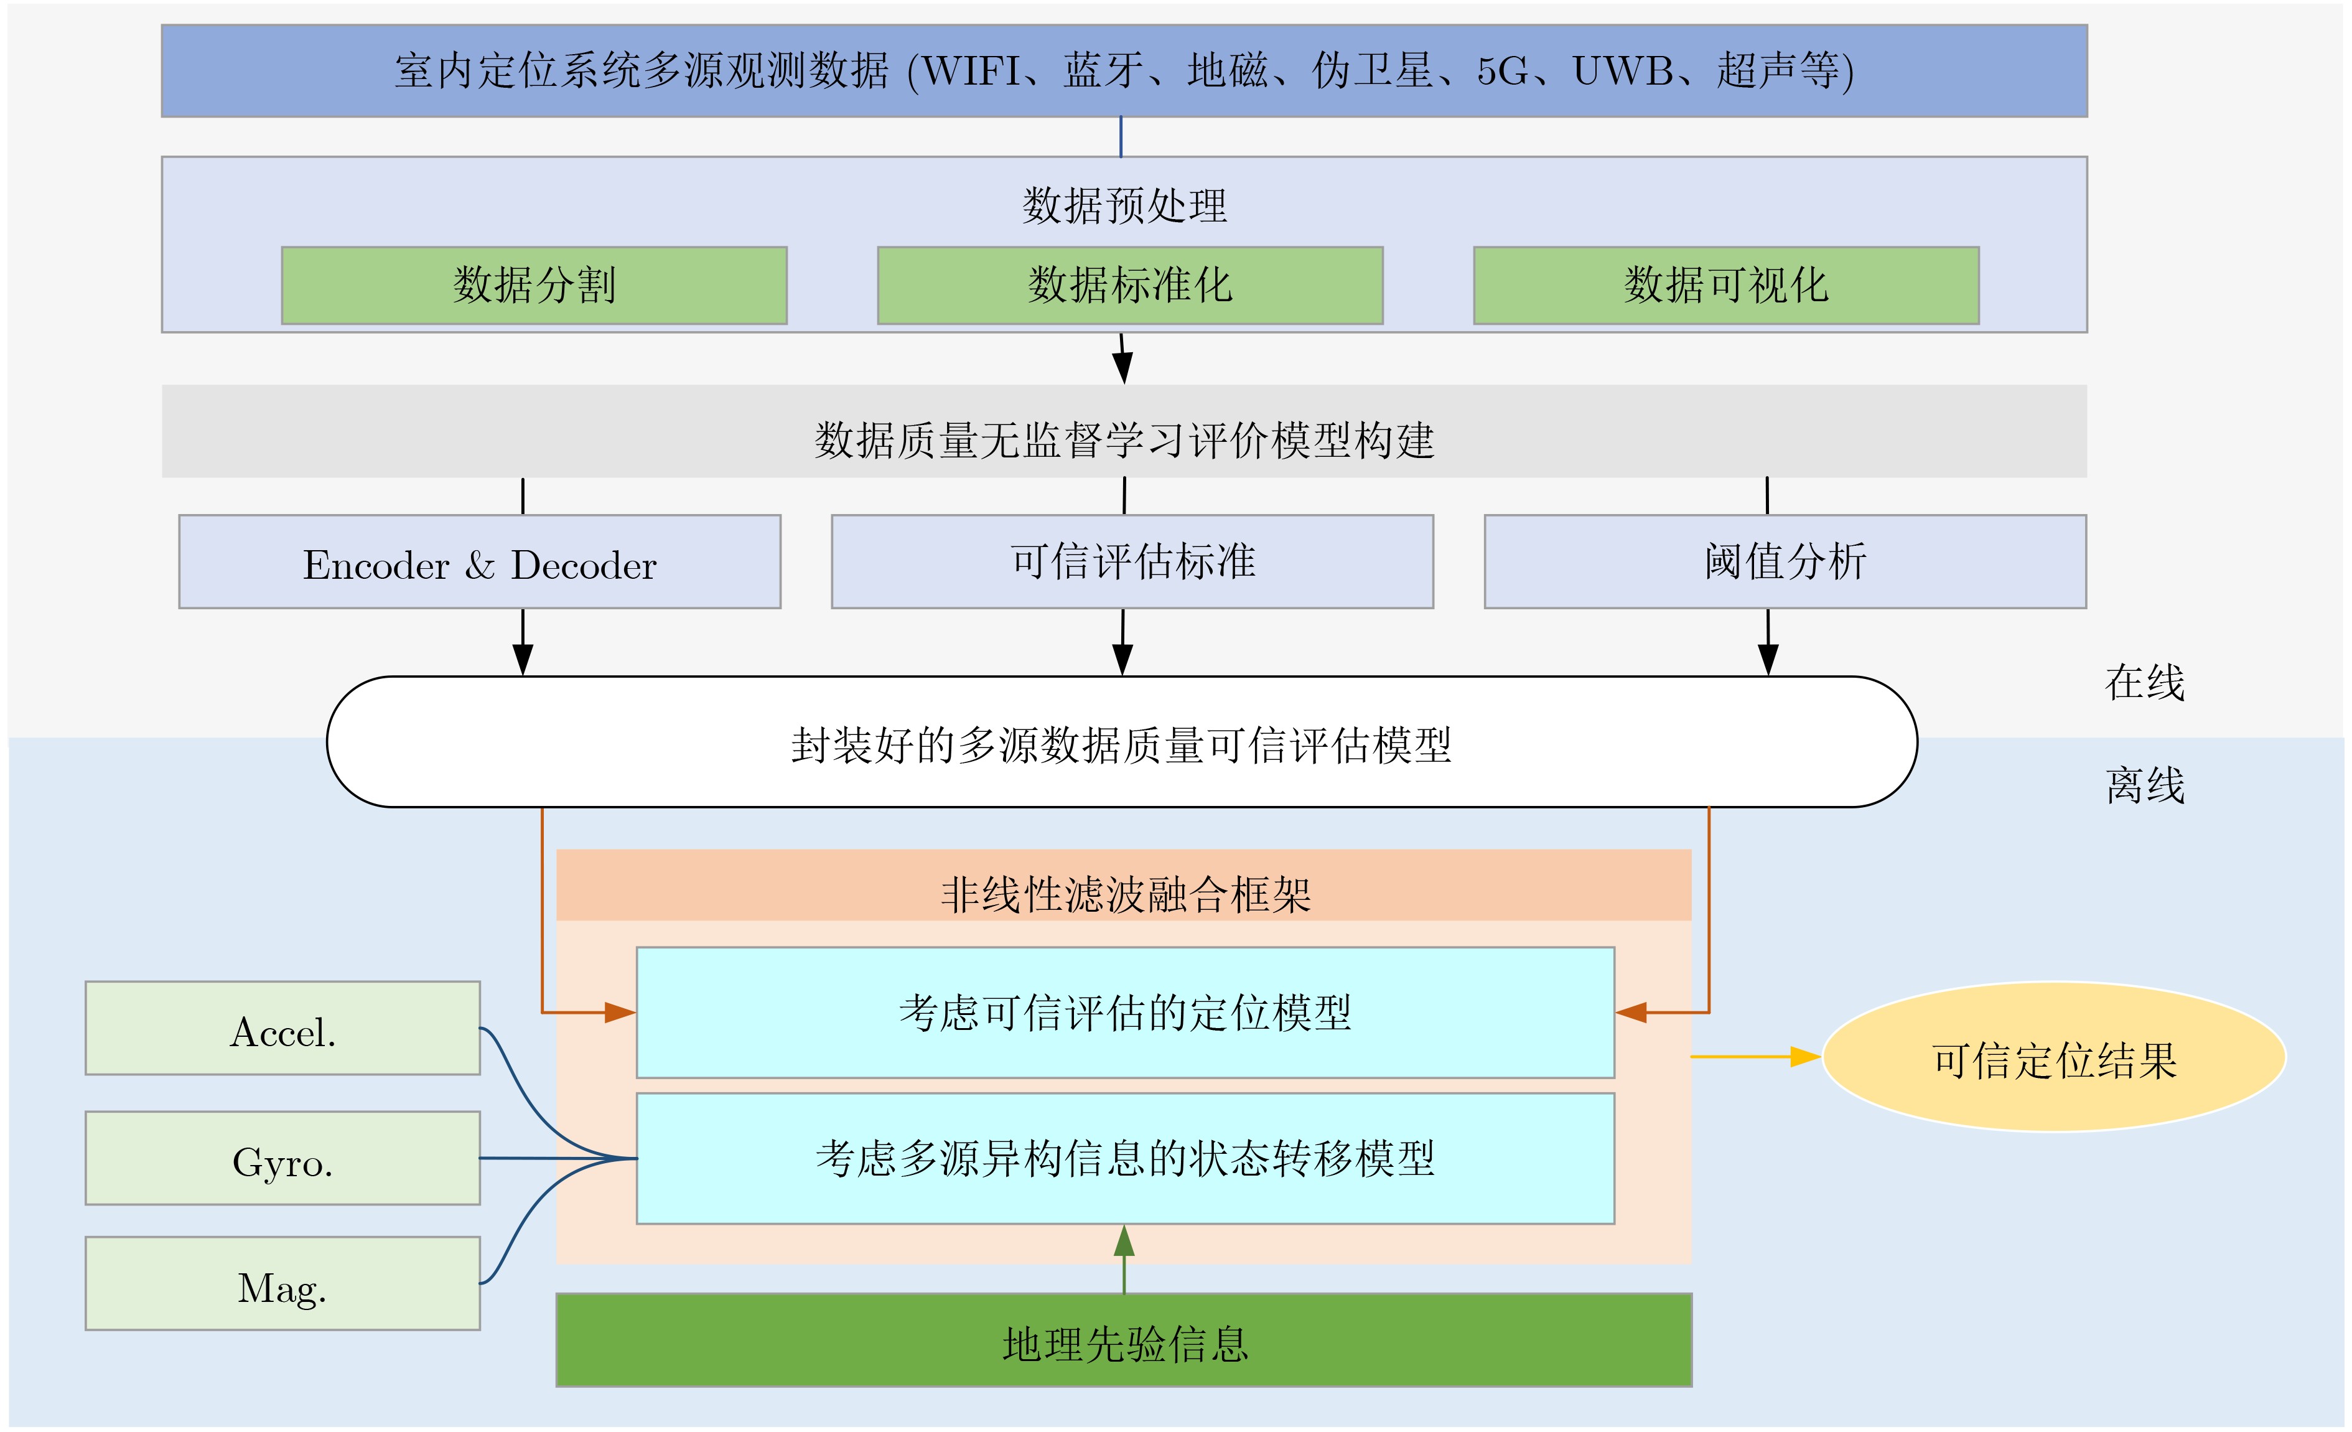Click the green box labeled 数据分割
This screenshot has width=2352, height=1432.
534,286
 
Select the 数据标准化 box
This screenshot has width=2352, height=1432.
1129,286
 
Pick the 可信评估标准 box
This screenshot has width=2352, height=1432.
1132,563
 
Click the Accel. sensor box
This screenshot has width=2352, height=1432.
282,1028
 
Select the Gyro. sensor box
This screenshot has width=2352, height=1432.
282,1158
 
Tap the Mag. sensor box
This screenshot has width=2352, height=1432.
282,1284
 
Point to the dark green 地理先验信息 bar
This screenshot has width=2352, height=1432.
1124,1341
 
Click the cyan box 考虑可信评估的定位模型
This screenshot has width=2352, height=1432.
1124,1013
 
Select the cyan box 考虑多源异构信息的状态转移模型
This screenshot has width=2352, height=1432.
1124,1159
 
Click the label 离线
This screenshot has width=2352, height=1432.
2145,785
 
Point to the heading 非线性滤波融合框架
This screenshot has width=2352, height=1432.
1124,894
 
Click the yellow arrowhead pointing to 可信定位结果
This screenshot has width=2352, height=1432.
1805,1057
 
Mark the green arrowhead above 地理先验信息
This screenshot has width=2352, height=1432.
1124,1241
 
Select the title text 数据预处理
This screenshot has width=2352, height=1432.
1124,205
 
